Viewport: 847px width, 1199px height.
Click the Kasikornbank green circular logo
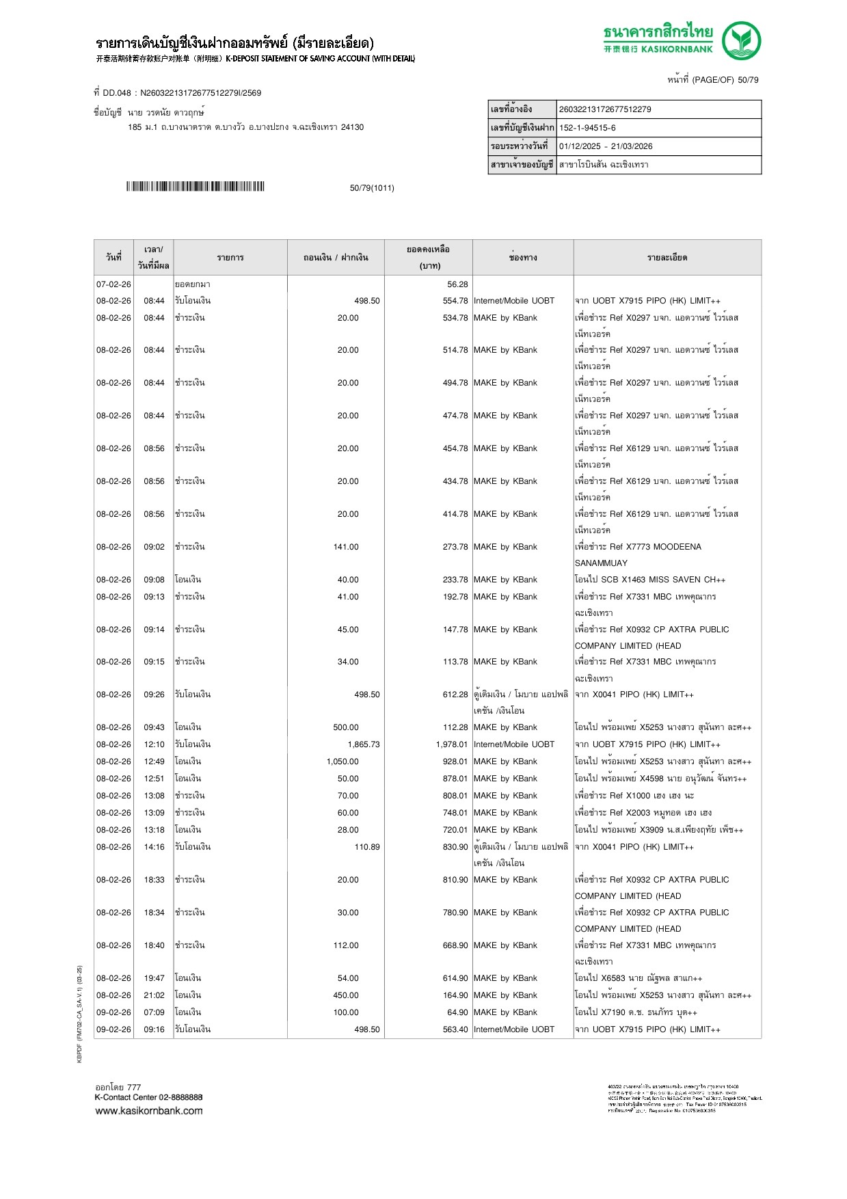(741, 40)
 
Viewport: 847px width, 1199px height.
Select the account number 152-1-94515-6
(587, 128)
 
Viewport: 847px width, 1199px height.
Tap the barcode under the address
(195, 187)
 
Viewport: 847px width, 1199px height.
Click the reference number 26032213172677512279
(605, 109)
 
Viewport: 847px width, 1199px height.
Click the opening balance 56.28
(457, 284)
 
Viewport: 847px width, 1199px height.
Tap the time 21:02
(154, 995)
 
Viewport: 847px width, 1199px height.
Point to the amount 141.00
(346, 547)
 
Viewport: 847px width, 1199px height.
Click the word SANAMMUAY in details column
(601, 563)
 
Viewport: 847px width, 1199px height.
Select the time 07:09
(154, 1012)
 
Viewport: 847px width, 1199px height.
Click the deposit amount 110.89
(366, 847)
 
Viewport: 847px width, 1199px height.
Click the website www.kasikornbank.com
(149, 1111)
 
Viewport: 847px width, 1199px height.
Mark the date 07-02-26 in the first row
(113, 284)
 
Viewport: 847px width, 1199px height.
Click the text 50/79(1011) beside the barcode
(372, 188)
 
